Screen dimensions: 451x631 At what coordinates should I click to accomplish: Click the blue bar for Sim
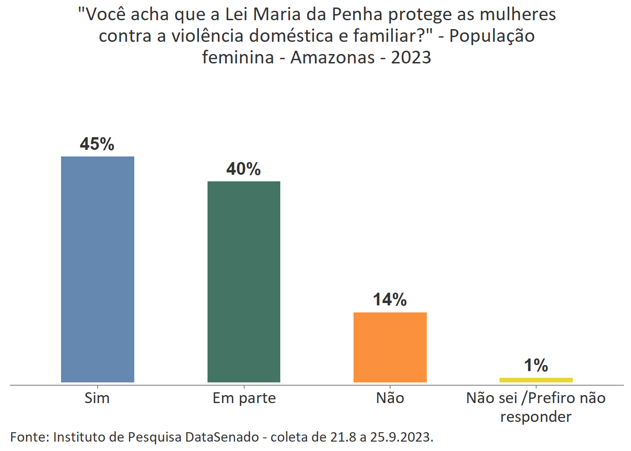coord(98,269)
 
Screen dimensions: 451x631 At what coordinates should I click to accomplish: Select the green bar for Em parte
coord(244,281)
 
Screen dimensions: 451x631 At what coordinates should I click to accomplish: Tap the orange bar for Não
coord(390,347)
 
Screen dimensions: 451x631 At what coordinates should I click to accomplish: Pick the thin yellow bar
coord(536,380)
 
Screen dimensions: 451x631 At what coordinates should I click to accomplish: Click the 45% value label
coord(97,144)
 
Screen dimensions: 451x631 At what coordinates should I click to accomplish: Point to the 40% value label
coord(244,169)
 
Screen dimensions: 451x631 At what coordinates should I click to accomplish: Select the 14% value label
coord(390,300)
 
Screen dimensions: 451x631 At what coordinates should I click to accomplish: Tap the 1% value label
coord(536,365)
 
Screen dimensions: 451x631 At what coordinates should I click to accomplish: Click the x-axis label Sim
coord(97,398)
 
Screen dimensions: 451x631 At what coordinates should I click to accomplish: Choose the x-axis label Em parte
coord(244,398)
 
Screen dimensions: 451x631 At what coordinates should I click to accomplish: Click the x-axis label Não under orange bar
coord(390,398)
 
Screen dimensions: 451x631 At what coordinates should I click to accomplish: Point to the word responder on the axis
coord(536,417)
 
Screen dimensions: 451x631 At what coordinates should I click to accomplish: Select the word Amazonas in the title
coord(332,57)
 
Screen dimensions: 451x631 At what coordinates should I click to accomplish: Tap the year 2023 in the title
coord(411,57)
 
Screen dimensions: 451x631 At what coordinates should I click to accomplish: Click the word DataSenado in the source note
coord(222,437)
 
